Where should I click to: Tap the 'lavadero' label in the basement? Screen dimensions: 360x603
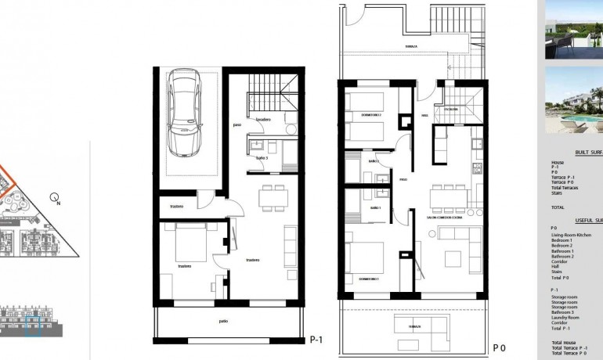[x=262, y=119]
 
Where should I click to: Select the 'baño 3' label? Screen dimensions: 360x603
[x=262, y=158]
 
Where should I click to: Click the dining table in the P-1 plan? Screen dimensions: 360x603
[x=273, y=196]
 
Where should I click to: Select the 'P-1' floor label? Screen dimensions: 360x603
[x=316, y=340]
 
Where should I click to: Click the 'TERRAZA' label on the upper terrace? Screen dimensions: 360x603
[x=411, y=47]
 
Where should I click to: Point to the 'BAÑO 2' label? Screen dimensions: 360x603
[x=374, y=161]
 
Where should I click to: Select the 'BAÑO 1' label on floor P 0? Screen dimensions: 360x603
[x=375, y=208]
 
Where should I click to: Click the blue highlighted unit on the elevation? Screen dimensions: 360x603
[x=32, y=319]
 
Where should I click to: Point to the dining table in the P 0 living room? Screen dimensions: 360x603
[x=446, y=196]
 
